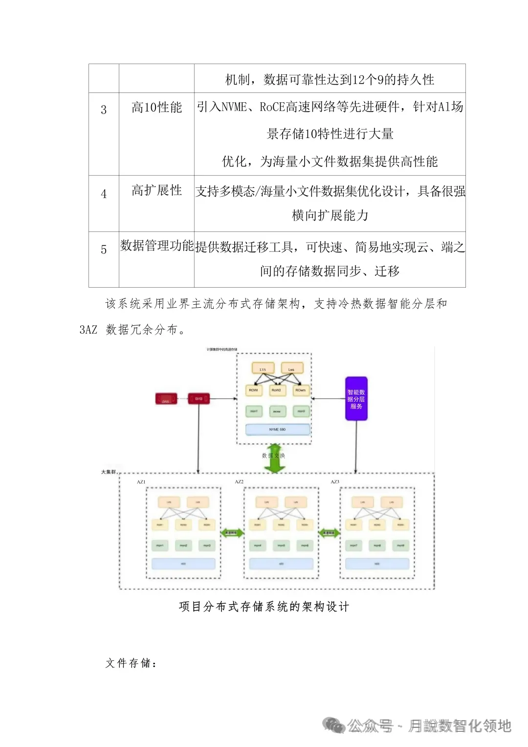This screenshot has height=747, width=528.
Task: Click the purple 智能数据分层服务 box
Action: click(356, 399)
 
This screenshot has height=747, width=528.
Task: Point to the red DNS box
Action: click(166, 399)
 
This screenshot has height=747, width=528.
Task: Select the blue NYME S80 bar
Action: click(278, 430)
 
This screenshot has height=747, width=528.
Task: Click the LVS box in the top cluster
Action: click(263, 369)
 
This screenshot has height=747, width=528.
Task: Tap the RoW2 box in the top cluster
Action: click(277, 390)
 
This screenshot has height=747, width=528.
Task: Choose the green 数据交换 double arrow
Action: click(275, 458)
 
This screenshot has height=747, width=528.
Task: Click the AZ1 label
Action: click(141, 482)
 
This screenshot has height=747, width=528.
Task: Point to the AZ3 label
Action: click(335, 482)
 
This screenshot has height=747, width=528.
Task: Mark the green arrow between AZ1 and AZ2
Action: click(232, 533)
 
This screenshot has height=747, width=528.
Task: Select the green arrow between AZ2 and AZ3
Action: click(329, 533)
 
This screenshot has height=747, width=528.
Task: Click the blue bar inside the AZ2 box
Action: click(281, 564)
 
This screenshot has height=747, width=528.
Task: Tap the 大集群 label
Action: click(109, 472)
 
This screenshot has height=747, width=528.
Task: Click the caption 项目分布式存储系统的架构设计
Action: click(264, 607)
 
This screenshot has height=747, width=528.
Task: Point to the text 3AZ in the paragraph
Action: click(88, 330)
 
